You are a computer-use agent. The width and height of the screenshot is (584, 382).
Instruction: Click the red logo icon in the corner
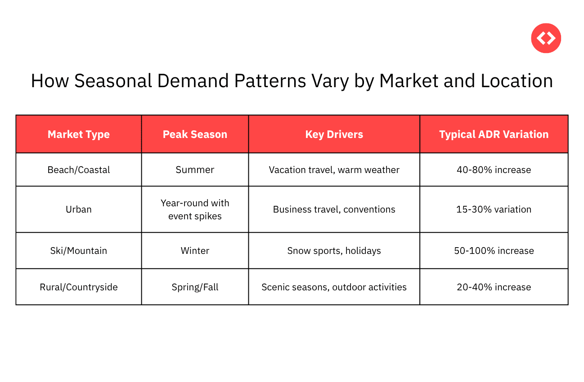pyautogui.click(x=546, y=38)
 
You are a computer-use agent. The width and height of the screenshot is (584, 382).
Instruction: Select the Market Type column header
pyautogui.click(x=79, y=134)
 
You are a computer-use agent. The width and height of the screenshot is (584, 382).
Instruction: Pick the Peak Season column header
pyautogui.click(x=195, y=134)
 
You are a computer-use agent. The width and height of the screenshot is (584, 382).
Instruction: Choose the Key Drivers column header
pyautogui.click(x=334, y=134)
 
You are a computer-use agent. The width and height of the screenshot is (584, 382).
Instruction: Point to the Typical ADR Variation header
pyautogui.click(x=494, y=134)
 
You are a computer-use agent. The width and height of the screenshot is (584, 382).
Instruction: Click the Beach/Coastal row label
pyautogui.click(x=79, y=170)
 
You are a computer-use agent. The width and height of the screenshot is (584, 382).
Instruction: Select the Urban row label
pyautogui.click(x=79, y=209)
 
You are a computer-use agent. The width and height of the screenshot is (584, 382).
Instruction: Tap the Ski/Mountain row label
pyautogui.click(x=79, y=251)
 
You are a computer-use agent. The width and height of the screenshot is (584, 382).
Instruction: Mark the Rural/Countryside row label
pyautogui.click(x=79, y=287)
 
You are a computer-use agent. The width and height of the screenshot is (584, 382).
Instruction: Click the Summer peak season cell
pyautogui.click(x=195, y=170)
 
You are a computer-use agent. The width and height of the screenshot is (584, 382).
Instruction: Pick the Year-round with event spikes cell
pyautogui.click(x=195, y=209)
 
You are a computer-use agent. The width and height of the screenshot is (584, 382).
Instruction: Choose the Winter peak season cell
pyautogui.click(x=195, y=251)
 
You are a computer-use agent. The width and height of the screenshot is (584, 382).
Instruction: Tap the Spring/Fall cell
pyautogui.click(x=195, y=287)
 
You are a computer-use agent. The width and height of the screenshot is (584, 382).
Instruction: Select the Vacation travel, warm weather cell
pyautogui.click(x=334, y=170)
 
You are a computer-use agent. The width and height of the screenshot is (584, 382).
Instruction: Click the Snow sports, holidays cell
pyautogui.click(x=334, y=251)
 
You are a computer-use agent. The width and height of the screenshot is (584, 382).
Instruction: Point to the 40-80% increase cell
pyautogui.click(x=494, y=170)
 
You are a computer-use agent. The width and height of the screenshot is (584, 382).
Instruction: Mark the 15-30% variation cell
pyautogui.click(x=494, y=209)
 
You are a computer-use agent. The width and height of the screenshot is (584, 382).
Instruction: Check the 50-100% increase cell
pyautogui.click(x=494, y=251)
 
